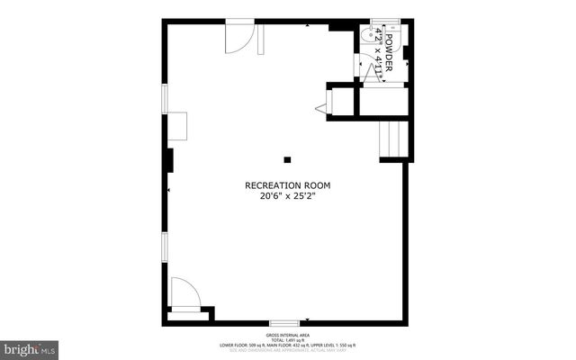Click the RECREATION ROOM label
pos(288,185)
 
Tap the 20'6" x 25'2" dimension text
pos(288,195)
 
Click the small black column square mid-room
pos(287,160)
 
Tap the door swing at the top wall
pos(238,36)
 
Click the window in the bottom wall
pos(284,322)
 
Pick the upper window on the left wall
pos(164,98)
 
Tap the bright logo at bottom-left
pos(30,346)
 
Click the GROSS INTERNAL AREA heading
pos(288,334)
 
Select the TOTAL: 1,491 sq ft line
pos(288,339)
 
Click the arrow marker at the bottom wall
pos(308,319)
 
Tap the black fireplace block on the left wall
pos(168,159)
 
